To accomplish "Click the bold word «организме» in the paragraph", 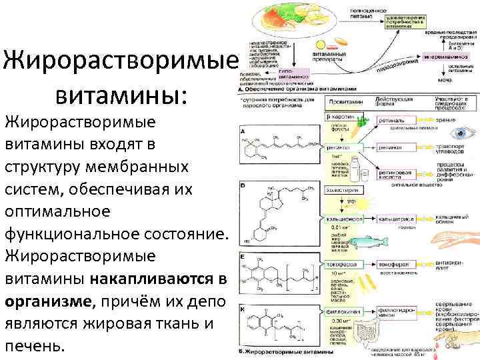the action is tap(47, 301).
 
